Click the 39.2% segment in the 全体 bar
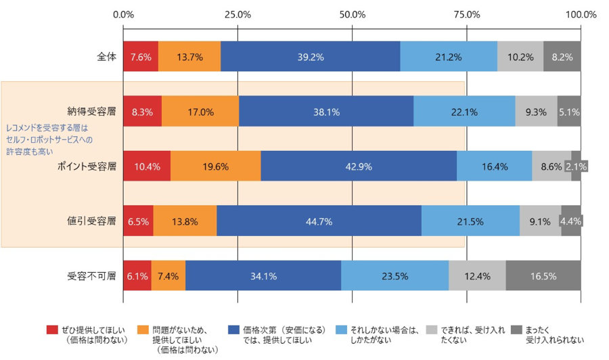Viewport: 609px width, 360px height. [310, 57]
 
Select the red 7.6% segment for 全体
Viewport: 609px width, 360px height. [141, 57]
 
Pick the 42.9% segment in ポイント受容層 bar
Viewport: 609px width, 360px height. [359, 166]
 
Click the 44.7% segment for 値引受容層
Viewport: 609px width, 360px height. [319, 221]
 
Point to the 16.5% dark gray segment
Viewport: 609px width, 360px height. [543, 276]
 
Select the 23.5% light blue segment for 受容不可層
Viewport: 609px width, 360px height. [394, 276]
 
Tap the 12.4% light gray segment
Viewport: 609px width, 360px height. [477, 276]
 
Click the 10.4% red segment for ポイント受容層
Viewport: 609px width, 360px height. [147, 166]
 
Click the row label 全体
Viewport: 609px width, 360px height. [107, 57]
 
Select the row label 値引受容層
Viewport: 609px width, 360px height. [92, 221]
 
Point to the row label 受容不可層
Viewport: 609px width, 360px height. [92, 276]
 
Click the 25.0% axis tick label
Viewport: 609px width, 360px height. [238, 14]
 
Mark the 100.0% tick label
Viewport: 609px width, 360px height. [581, 14]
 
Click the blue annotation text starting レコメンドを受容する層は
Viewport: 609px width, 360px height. [49, 139]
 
